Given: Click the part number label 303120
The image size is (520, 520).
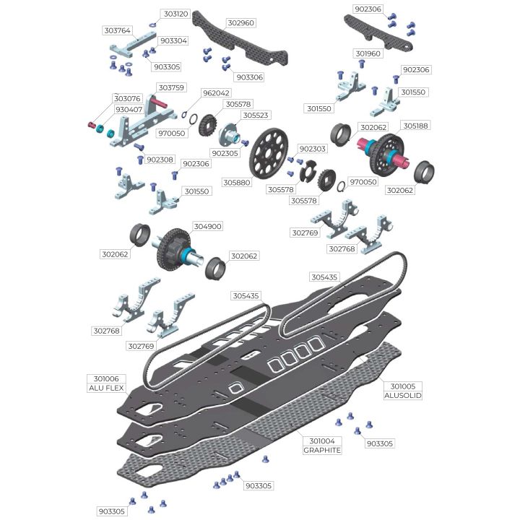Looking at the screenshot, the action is [176, 14].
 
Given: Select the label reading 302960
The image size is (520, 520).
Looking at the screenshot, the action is [241, 23].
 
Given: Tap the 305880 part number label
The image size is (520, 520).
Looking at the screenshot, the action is [237, 183].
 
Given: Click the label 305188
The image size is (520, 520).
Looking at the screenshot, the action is [416, 126].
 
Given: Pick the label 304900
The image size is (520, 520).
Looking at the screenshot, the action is [207, 226].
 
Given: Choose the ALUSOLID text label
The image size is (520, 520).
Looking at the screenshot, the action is [403, 395].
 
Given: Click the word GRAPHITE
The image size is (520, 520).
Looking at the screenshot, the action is [322, 450].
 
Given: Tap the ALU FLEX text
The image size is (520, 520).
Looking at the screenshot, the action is [106, 388].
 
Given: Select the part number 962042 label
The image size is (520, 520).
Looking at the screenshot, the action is [216, 93].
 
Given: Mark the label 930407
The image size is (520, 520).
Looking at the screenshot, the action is [129, 110].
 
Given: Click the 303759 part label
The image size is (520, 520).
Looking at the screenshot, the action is [171, 87].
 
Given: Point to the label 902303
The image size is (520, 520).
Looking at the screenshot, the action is [313, 149].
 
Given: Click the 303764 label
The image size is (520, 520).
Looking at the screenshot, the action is [118, 30].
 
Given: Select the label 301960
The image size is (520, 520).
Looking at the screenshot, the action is [368, 53].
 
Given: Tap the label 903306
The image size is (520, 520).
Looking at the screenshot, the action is [250, 77].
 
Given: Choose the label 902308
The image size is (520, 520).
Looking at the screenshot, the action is [160, 160].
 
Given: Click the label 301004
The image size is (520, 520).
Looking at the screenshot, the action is [322, 441].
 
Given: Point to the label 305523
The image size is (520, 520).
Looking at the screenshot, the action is [256, 115].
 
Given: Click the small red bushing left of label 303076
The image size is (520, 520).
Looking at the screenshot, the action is [91, 125].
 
